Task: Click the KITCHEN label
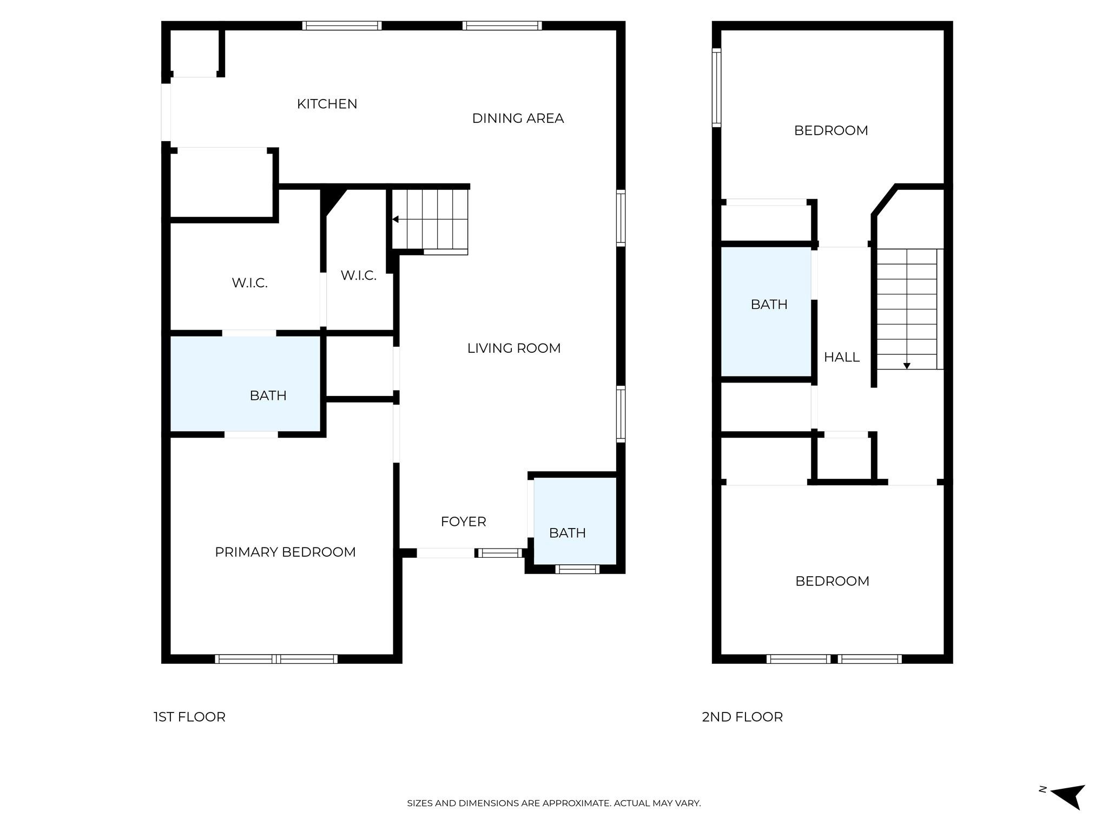(x=327, y=104)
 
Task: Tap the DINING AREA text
(x=518, y=118)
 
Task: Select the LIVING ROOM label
(x=513, y=348)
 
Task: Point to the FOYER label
(x=463, y=522)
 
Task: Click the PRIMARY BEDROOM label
(x=285, y=552)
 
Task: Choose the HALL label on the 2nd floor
(x=841, y=357)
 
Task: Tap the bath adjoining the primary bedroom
(x=247, y=385)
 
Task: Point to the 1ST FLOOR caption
(x=189, y=717)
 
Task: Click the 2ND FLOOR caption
(x=742, y=717)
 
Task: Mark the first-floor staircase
(x=430, y=219)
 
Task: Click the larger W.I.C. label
(x=249, y=283)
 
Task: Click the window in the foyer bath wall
(x=577, y=569)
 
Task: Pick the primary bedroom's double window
(x=276, y=658)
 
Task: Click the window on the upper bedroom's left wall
(x=716, y=88)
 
